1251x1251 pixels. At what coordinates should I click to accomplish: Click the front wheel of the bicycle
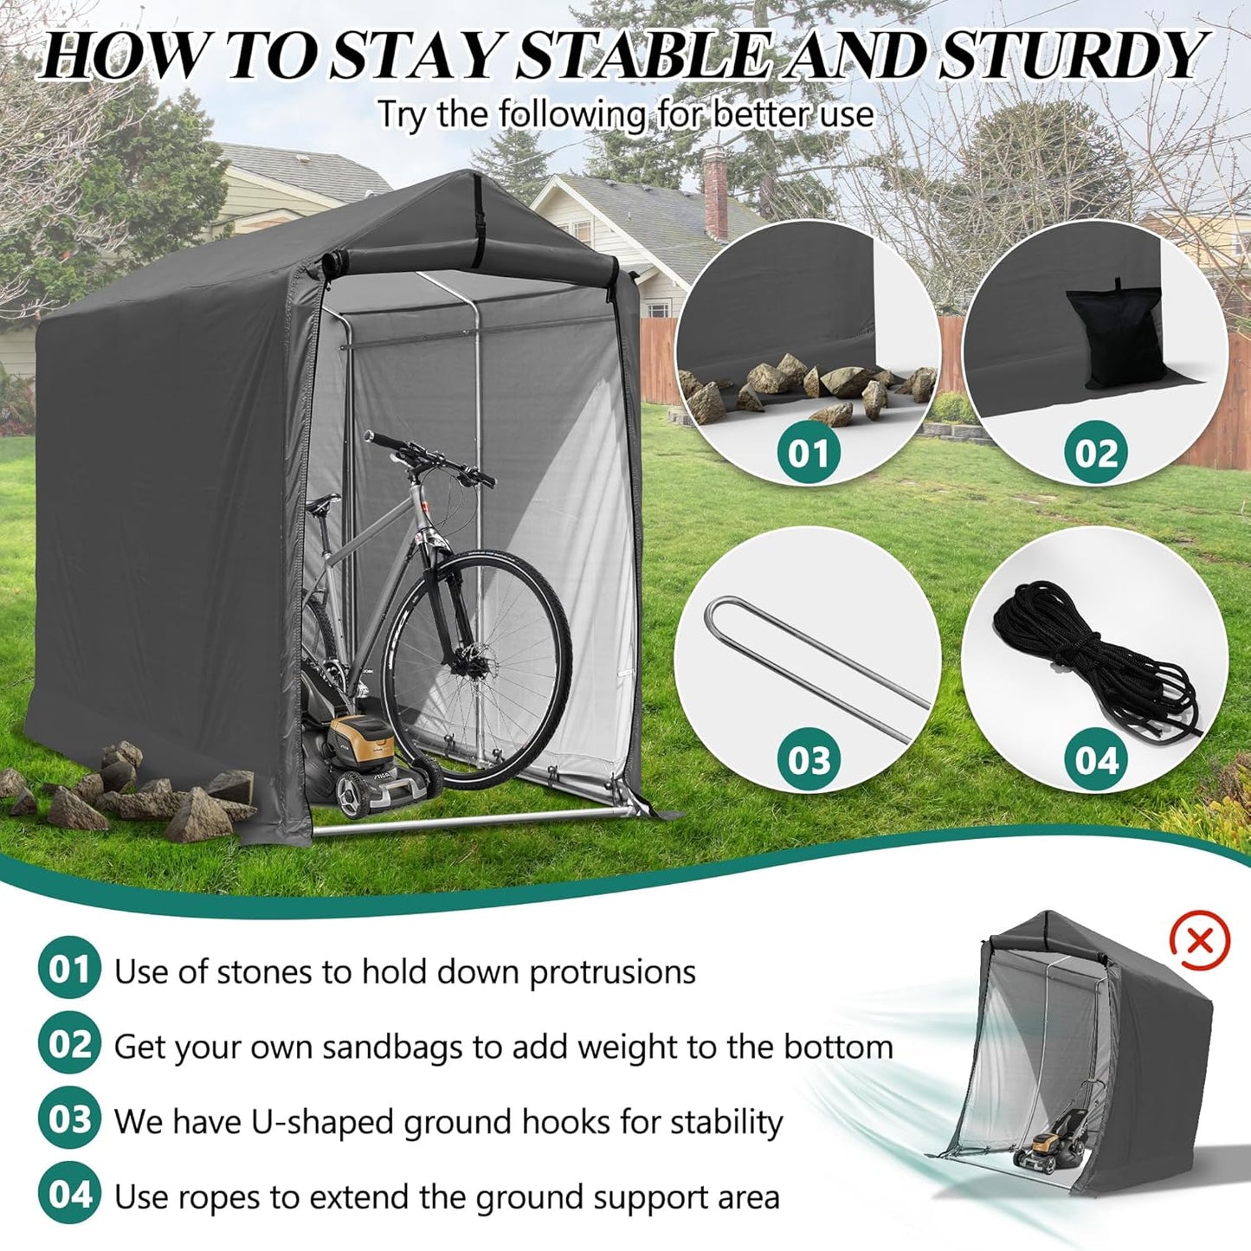[x=478, y=669]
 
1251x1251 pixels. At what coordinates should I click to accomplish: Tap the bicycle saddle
[x=322, y=502]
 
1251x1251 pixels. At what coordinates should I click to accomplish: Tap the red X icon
[x=1199, y=941]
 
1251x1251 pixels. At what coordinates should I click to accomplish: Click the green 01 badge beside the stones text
[x=68, y=970]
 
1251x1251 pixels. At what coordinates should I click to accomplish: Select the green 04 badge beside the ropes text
[x=68, y=1195]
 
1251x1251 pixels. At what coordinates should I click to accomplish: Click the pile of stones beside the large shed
[x=130, y=792]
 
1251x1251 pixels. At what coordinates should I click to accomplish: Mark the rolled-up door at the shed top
[x=468, y=258]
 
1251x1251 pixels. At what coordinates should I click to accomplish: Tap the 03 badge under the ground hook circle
[x=808, y=760]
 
